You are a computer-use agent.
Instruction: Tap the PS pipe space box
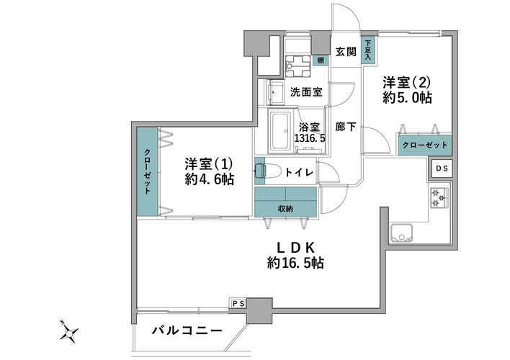coord(238,304)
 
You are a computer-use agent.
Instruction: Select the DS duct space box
coord(442,168)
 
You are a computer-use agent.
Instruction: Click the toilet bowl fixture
coord(267,171)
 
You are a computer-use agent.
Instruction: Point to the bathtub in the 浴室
coord(281,131)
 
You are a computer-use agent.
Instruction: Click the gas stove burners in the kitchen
coord(439,198)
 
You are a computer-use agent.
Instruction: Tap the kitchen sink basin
coord(401,233)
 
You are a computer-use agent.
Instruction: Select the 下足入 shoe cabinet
coord(368,50)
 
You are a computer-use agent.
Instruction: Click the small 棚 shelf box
coord(321,60)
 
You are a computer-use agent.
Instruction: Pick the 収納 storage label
coord(285,209)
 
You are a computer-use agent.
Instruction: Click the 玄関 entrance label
coord(346,51)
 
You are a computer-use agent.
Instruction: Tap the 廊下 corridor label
coord(346,127)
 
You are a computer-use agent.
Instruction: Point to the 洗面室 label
coord(306,92)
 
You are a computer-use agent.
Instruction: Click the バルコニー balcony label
coord(187,330)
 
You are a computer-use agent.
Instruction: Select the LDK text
coord(295,248)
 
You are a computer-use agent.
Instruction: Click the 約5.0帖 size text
coord(407,98)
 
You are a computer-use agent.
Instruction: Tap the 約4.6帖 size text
coord(210,179)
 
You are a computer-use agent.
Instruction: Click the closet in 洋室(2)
coord(425,145)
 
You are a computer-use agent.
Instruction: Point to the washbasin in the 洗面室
coord(275,92)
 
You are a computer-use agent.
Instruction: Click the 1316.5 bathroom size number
coord(310,138)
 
